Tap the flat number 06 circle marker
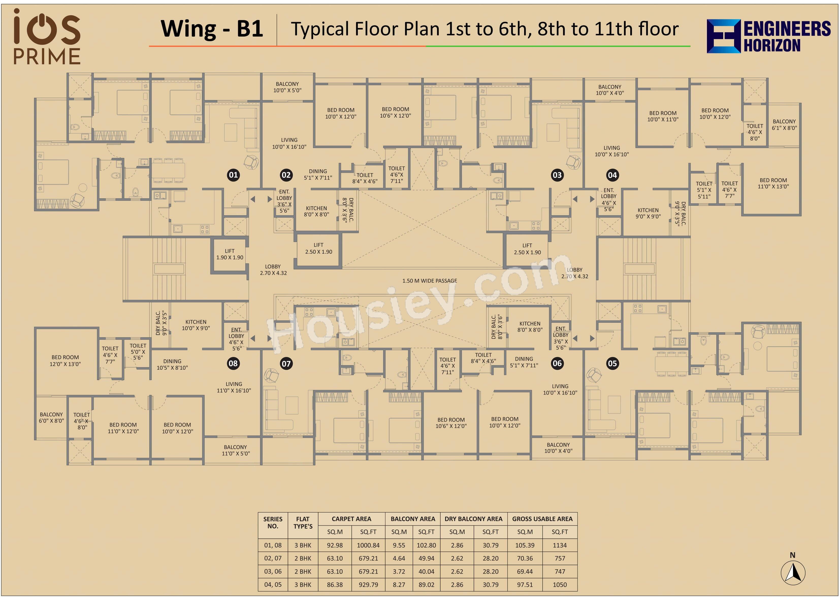tap(557, 363)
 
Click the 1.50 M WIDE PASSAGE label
tap(430, 281)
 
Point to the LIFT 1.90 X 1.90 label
tap(230, 254)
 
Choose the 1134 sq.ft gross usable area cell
tap(560, 545)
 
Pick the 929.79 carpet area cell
tap(368, 585)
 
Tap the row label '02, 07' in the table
tap(273, 558)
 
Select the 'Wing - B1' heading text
tap(212, 28)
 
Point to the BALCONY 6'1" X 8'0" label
tap(784, 124)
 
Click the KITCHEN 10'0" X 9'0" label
tap(196, 325)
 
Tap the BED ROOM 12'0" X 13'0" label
tap(65, 361)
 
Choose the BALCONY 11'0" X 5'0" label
tap(235, 450)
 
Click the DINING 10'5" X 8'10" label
tap(172, 364)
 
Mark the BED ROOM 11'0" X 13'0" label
tap(773, 183)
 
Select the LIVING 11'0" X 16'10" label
tap(234, 387)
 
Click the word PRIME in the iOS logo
tap(47, 57)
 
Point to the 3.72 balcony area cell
tap(399, 571)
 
